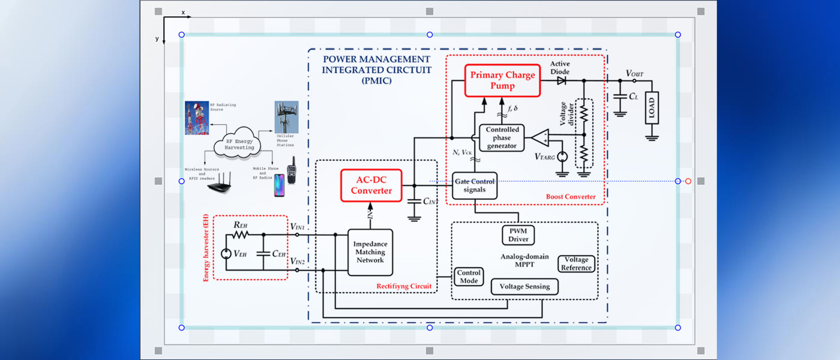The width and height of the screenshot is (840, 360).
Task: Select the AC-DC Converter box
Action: (371, 185)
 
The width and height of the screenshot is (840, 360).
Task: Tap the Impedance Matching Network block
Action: (370, 252)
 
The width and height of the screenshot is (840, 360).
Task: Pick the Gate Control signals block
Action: (475, 185)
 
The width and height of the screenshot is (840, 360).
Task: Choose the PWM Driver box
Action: (518, 235)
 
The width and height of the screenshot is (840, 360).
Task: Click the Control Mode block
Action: (469, 277)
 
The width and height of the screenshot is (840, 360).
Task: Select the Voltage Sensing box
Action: (524, 286)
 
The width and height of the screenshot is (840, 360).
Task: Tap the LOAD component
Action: (652, 108)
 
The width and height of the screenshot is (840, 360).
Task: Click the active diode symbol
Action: (562, 80)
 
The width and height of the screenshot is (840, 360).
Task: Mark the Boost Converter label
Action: (571, 197)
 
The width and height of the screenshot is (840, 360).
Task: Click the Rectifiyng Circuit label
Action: (404, 286)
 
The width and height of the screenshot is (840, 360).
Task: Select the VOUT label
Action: (634, 73)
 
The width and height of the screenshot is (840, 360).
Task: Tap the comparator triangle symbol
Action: (541, 137)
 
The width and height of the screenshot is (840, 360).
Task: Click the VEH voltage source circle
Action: (226, 253)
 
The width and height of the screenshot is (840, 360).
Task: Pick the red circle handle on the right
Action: (688, 181)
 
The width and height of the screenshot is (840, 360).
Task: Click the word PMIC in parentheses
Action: (377, 80)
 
